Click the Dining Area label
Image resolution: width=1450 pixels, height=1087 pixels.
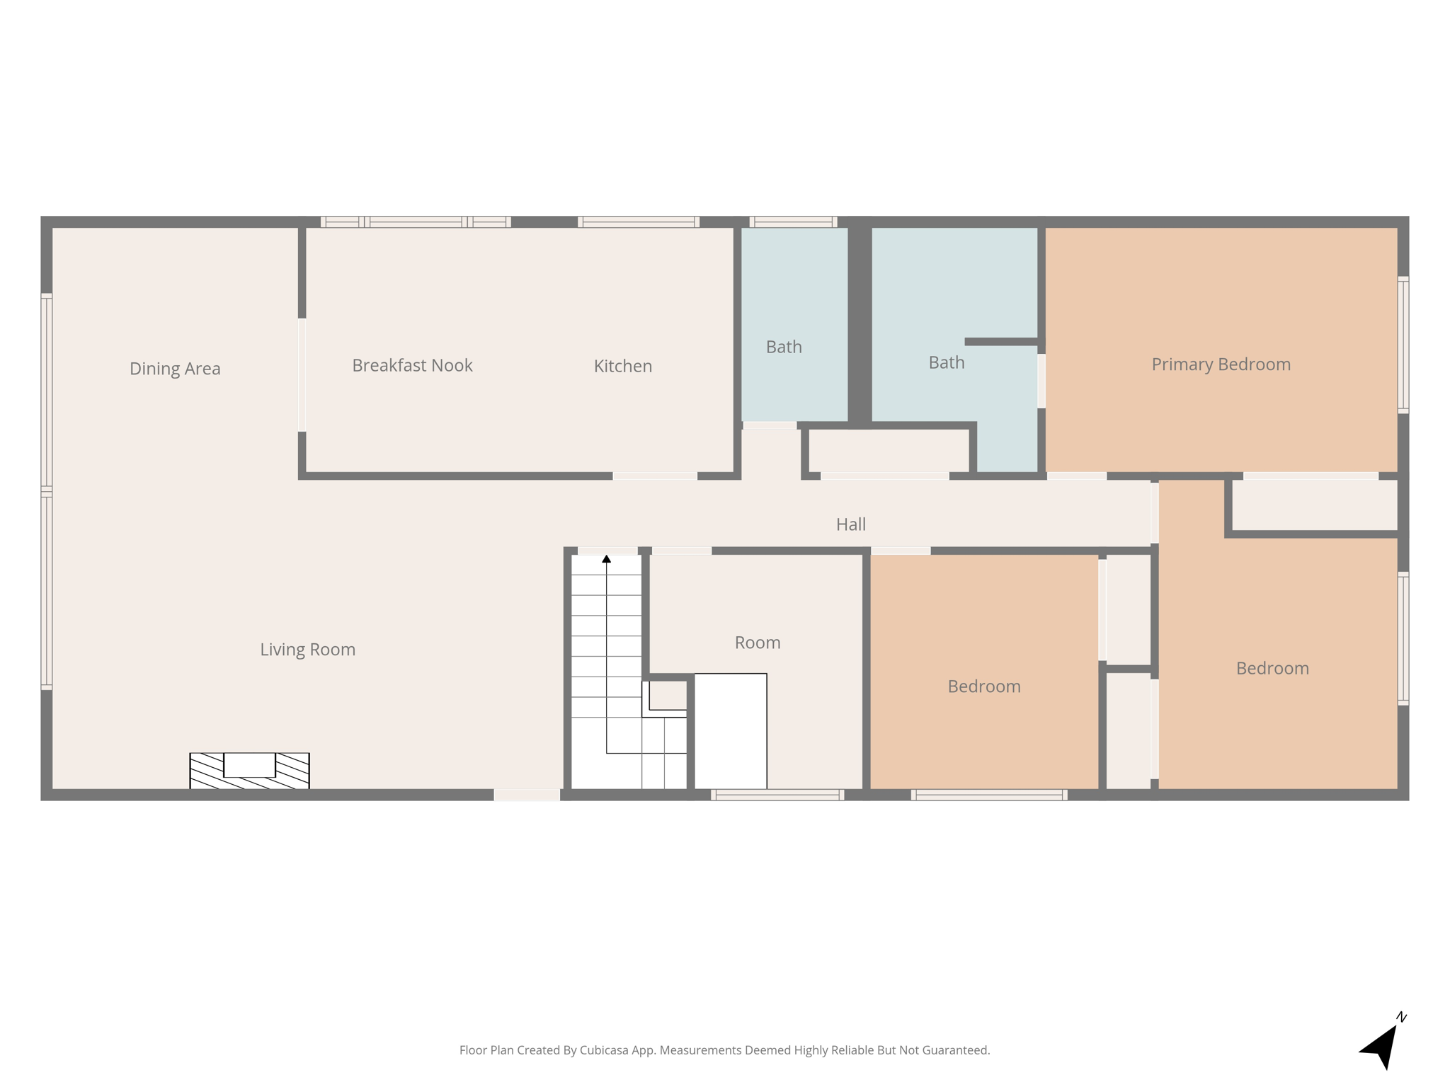pyautogui.click(x=175, y=369)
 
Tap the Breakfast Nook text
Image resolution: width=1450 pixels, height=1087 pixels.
pyautogui.click(x=412, y=366)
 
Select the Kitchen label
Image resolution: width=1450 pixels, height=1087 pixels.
pyautogui.click(x=622, y=367)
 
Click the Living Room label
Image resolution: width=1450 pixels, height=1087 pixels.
pyautogui.click(x=307, y=650)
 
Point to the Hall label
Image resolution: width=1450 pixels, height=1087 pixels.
pyautogui.click(x=850, y=524)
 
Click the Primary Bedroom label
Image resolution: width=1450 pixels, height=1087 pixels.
pyautogui.click(x=1221, y=364)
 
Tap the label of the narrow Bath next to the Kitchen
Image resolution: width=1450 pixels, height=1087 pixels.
pyautogui.click(x=784, y=347)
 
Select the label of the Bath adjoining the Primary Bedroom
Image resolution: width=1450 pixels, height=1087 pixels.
pyautogui.click(x=946, y=363)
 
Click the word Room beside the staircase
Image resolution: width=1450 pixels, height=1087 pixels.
pyautogui.click(x=757, y=643)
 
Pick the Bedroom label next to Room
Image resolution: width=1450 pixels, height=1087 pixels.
pyautogui.click(x=983, y=686)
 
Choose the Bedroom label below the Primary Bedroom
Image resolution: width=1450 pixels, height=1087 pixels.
pyautogui.click(x=1272, y=669)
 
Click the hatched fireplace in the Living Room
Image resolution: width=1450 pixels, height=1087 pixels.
pyautogui.click(x=249, y=771)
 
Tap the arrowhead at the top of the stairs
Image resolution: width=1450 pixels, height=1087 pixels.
pyautogui.click(x=606, y=559)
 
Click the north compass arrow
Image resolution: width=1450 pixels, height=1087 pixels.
pyautogui.click(x=1381, y=1047)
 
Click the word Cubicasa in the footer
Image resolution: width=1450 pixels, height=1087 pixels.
pyautogui.click(x=604, y=1050)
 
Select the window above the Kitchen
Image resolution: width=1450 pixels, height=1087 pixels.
pyautogui.click(x=638, y=222)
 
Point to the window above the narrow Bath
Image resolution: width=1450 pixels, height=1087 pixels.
pyautogui.click(x=793, y=222)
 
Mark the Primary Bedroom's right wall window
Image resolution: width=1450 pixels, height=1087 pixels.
pyautogui.click(x=1403, y=345)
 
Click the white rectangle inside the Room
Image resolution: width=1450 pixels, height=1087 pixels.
pyautogui.click(x=730, y=730)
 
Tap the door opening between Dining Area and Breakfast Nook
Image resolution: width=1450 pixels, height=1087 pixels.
pyautogui.click(x=302, y=375)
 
